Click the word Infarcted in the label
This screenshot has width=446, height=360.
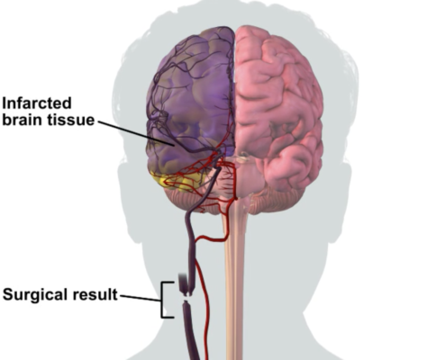click(37, 103)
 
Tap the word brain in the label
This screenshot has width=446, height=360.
click(22, 120)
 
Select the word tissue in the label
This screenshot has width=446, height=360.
click(71, 120)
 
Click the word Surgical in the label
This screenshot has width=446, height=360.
click(35, 295)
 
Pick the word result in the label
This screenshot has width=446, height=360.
click(95, 294)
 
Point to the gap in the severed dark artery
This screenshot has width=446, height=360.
click(187, 298)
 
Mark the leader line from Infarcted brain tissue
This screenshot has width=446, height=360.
click(136, 133)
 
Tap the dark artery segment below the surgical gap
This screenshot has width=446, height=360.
click(190, 331)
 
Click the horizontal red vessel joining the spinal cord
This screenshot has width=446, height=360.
click(210, 238)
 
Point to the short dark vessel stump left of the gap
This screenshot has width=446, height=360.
click(182, 283)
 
